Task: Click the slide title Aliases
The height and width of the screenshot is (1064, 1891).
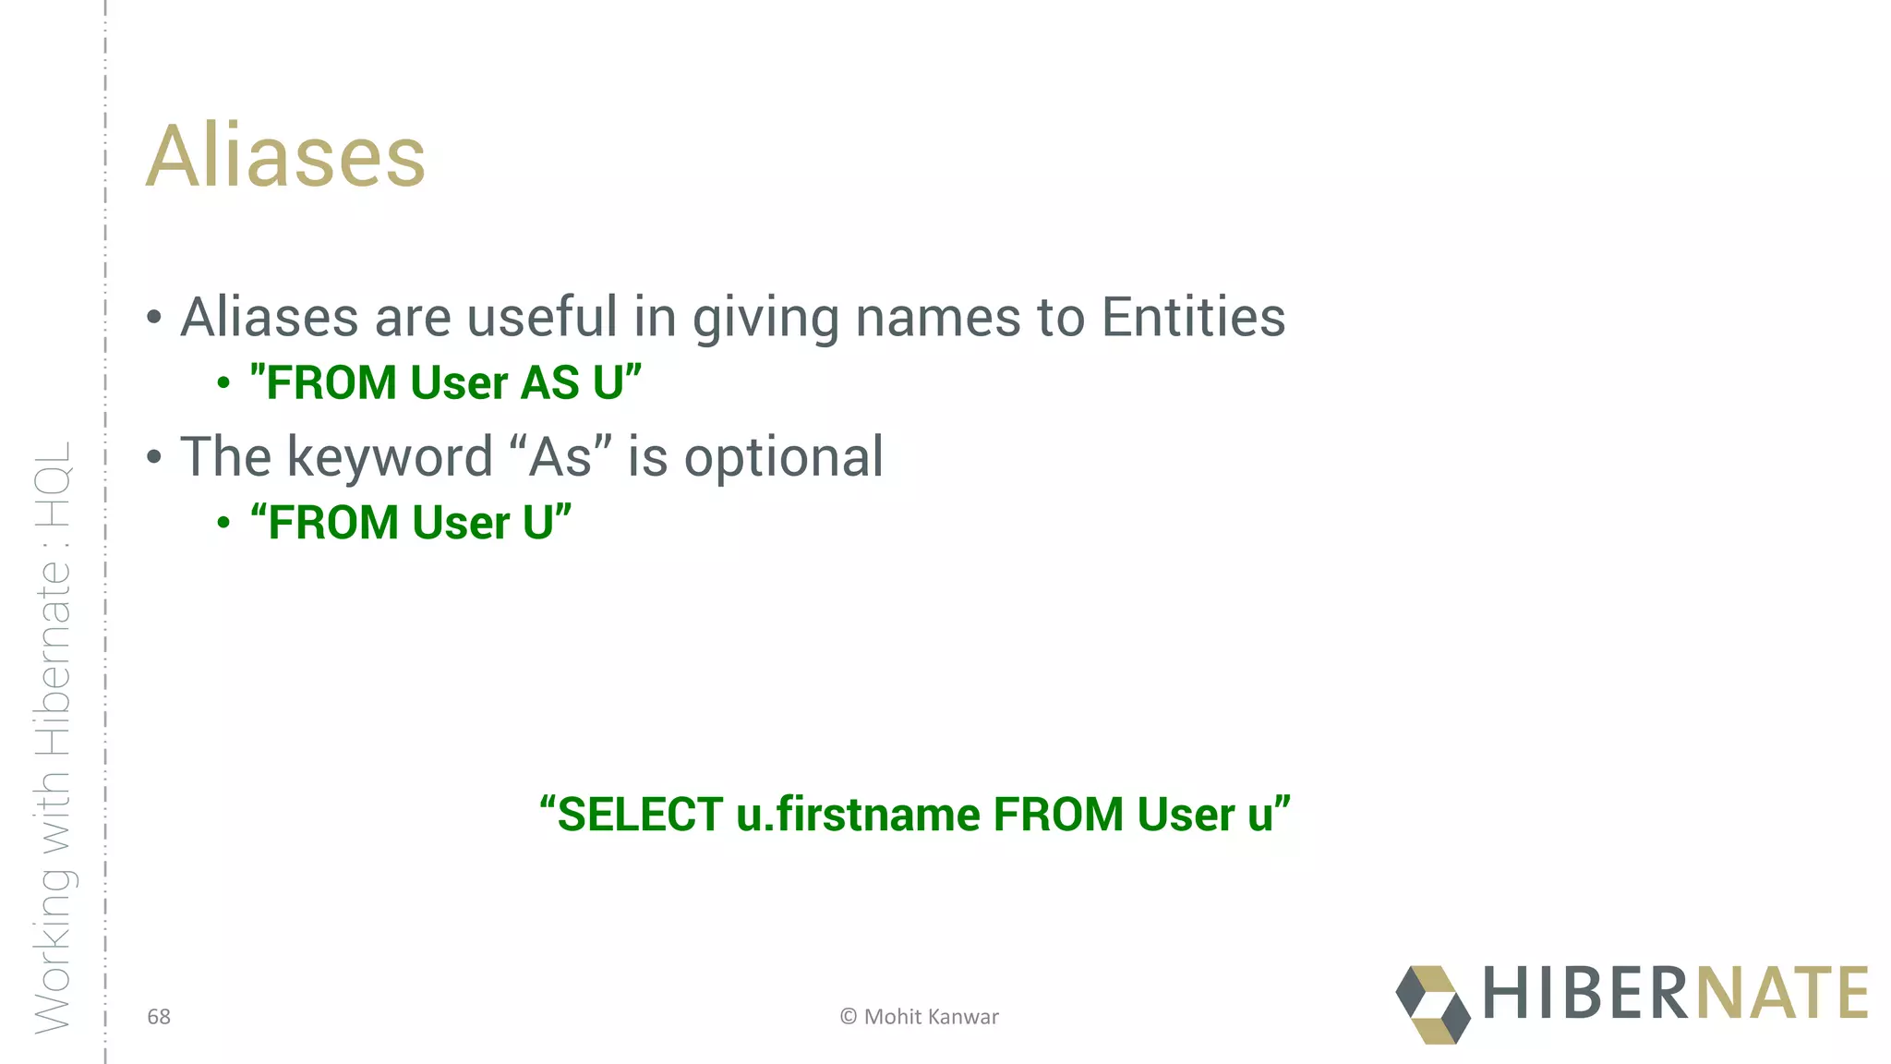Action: [x=285, y=156]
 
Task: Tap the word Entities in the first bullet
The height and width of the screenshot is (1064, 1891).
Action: [x=1193, y=317]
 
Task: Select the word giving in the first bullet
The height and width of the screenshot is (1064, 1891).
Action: [x=765, y=319]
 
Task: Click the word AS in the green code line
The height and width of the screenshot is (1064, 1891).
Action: [x=549, y=382]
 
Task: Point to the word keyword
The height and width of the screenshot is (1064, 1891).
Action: [x=390, y=456]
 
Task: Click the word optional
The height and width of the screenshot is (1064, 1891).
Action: [x=783, y=457]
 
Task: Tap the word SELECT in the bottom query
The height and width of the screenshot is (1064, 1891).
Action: [x=639, y=815]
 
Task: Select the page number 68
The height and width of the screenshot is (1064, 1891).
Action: [x=159, y=1017]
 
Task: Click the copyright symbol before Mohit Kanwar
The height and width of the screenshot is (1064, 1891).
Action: [x=848, y=1017]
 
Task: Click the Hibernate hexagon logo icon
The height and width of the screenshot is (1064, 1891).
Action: [x=1432, y=1004]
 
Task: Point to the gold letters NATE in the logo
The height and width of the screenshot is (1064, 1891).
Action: [x=1782, y=993]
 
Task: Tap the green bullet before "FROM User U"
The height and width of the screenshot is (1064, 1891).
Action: [x=223, y=523]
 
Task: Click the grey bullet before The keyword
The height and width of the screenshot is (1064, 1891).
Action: [x=154, y=457]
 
